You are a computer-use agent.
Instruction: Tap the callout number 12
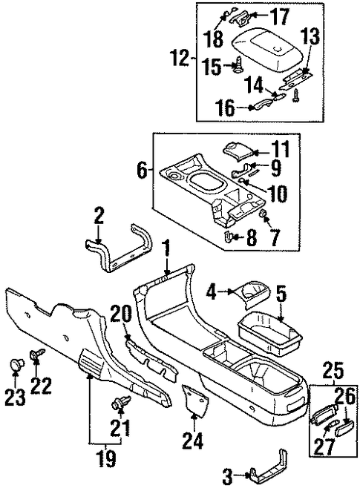(x=180, y=59)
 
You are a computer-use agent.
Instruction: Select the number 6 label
(x=143, y=171)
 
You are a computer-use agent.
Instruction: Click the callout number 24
(x=192, y=441)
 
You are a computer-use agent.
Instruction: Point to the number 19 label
(x=107, y=459)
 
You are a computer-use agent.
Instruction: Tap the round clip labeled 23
(x=16, y=364)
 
